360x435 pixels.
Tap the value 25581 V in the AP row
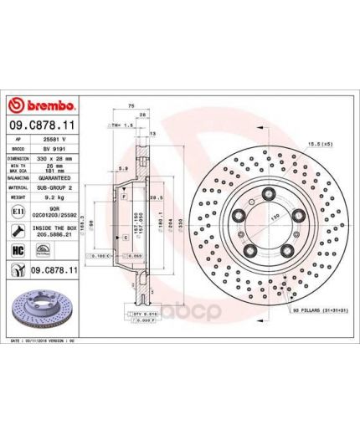[55, 136]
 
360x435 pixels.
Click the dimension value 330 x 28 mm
[55, 156]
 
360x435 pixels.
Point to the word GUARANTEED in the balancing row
[55, 178]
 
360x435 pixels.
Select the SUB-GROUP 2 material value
[55, 189]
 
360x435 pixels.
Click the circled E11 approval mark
[18, 216]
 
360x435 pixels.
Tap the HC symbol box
[18, 251]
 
